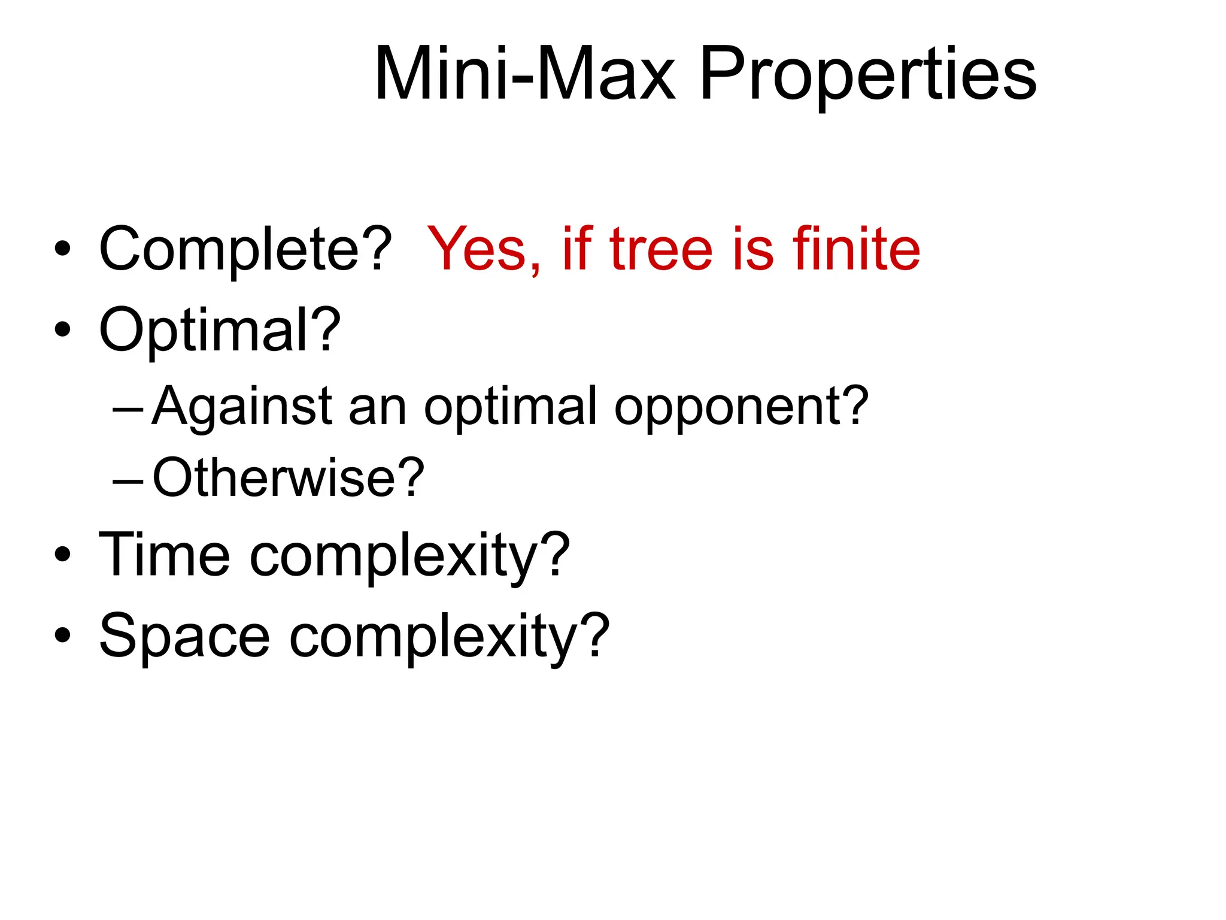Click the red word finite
(856, 249)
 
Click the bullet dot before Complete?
(62, 249)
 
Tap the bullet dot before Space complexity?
(62, 635)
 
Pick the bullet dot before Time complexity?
(62, 555)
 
